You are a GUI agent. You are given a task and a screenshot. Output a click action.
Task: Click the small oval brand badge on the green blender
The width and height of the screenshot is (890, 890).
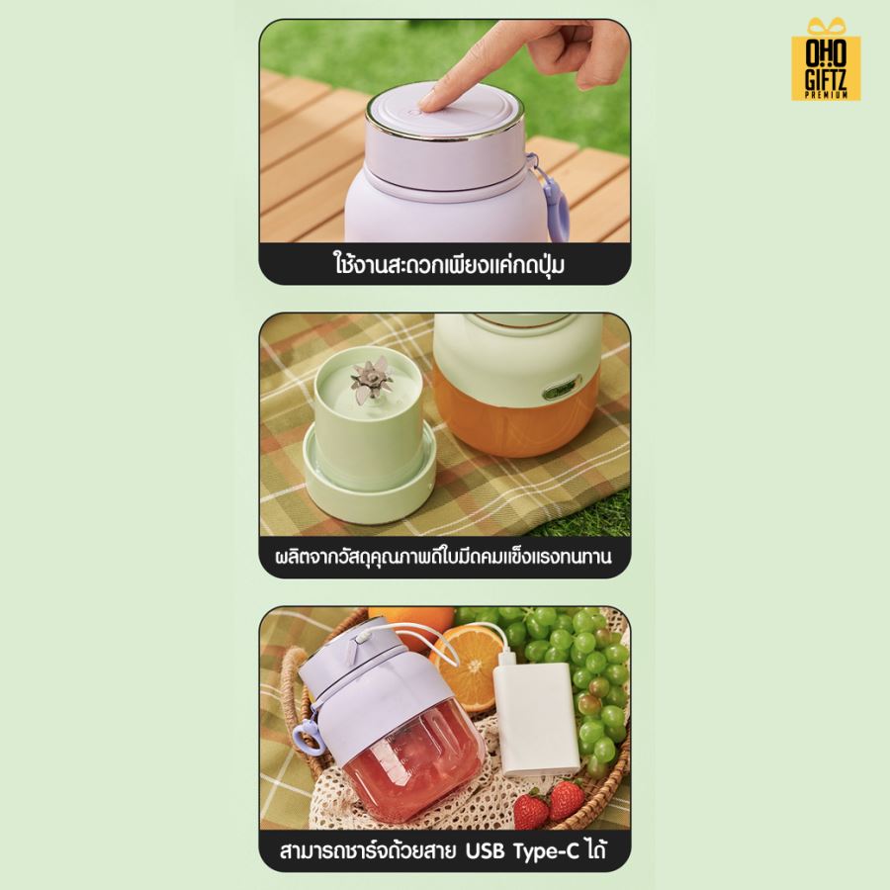pyautogui.click(x=561, y=389)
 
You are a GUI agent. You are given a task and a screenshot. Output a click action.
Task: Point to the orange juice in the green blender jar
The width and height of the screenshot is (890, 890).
pyautogui.click(x=515, y=417)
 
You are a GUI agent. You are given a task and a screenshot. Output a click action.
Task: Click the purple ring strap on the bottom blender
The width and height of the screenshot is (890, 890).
pyautogui.click(x=308, y=738)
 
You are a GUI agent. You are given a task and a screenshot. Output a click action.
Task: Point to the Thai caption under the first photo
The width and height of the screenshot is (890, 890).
pyautogui.click(x=448, y=264)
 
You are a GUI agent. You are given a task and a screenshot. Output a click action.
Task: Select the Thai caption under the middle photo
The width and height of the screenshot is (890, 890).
pyautogui.click(x=443, y=557)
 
